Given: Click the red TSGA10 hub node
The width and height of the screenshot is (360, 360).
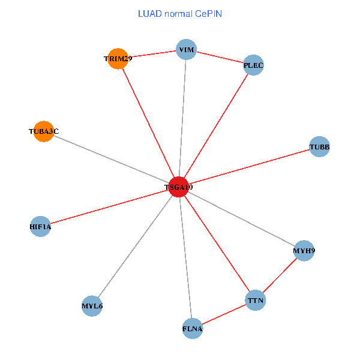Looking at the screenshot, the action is click(179, 187).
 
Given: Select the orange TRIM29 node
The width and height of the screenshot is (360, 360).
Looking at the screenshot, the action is click(118, 59).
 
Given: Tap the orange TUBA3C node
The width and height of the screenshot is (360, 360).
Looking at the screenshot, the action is click(44, 131).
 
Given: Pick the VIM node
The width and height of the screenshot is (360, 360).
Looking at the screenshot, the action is click(187, 50).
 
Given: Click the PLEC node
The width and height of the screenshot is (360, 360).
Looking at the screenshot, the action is click(254, 65).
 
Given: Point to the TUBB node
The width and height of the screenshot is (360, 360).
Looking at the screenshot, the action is click(319, 147).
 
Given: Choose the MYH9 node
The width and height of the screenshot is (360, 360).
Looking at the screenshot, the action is click(304, 250).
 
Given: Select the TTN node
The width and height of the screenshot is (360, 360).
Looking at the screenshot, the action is click(256, 299).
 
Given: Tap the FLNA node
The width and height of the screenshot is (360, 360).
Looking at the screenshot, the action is click(192, 328).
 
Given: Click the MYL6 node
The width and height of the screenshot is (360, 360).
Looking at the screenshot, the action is click(92, 306).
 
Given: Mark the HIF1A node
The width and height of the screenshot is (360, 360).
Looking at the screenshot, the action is click(40, 227).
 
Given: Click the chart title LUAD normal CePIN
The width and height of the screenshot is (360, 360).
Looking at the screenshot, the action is click(180, 13).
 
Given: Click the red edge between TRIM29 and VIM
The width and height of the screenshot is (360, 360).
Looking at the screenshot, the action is click(152, 55).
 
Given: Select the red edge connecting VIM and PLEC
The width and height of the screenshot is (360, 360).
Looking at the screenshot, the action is click(220, 57).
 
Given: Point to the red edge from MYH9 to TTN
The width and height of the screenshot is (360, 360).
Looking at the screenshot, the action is click(280, 275).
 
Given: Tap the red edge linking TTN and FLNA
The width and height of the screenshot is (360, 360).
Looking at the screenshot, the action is click(224, 314).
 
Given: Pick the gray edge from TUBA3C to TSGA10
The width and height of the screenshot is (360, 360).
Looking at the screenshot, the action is click(111, 159).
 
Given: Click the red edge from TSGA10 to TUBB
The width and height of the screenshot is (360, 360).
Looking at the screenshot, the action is click(249, 167).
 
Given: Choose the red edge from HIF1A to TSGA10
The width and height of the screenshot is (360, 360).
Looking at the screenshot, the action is click(109, 207).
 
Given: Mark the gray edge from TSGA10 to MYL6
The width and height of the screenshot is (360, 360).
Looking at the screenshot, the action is click(136, 247).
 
